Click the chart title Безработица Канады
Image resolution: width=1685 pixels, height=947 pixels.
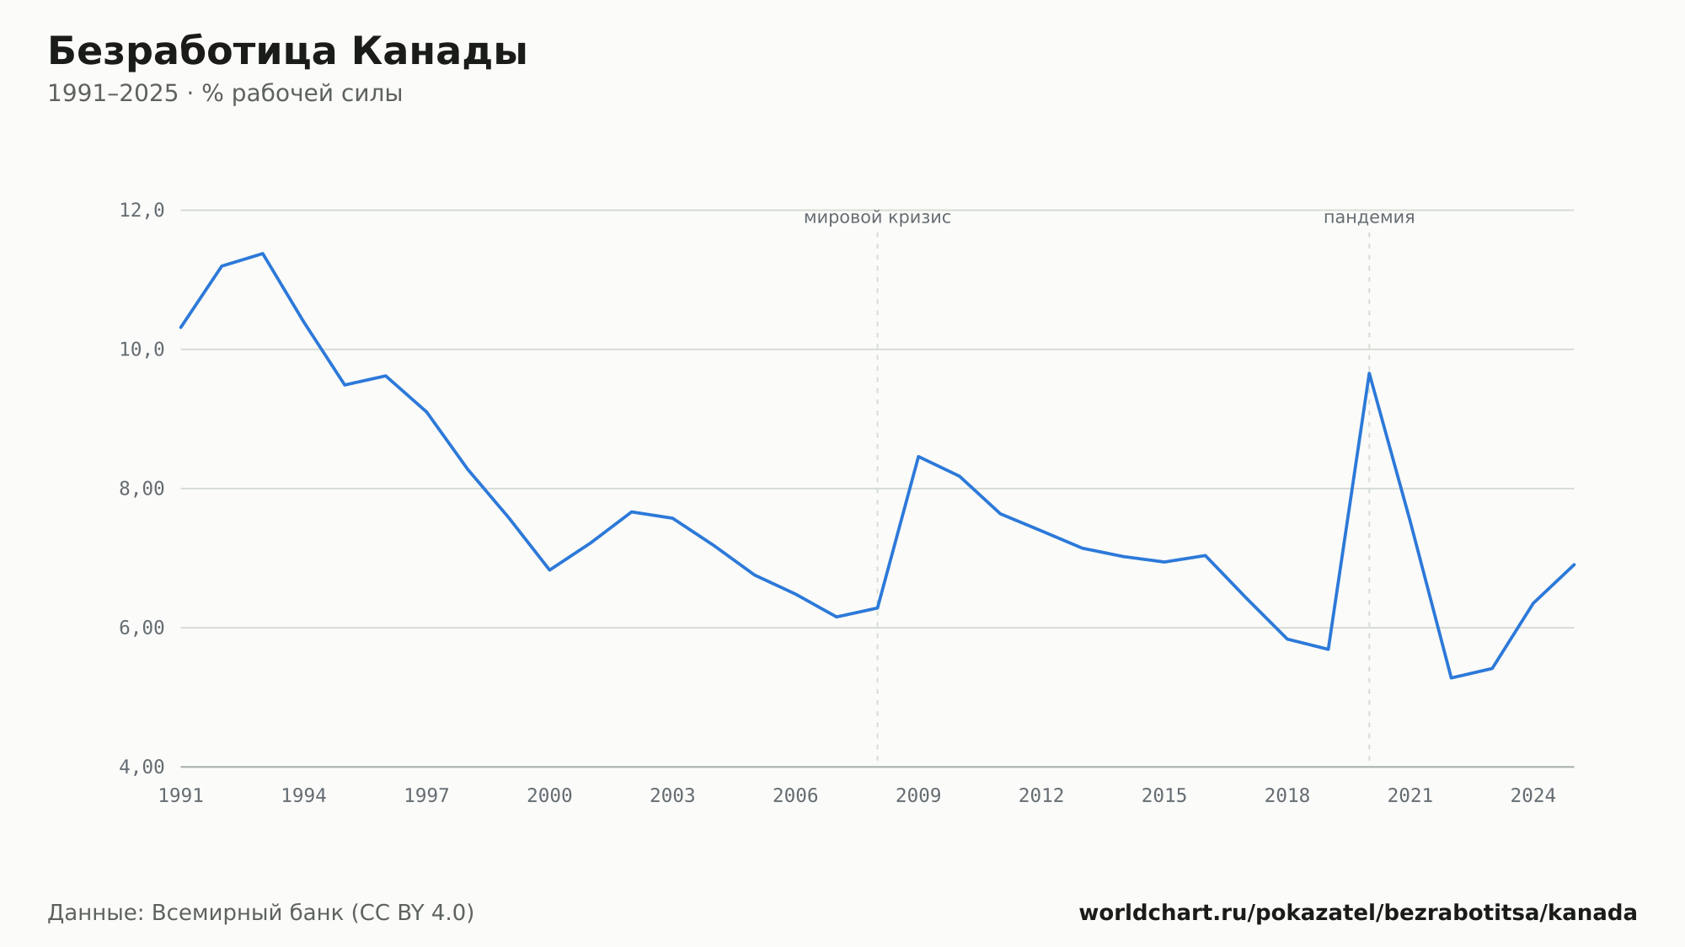tap(287, 52)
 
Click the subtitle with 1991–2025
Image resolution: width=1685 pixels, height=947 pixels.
tap(225, 94)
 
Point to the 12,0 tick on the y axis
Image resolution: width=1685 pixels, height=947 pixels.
tap(142, 211)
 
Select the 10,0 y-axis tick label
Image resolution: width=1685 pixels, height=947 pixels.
tap(142, 350)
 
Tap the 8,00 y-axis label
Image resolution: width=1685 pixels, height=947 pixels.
tap(142, 489)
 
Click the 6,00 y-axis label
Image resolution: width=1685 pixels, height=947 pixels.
tap(142, 628)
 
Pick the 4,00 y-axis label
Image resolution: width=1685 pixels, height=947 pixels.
tap(142, 767)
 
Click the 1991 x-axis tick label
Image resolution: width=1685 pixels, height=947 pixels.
tap(181, 796)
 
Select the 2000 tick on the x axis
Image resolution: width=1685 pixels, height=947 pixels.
tap(549, 796)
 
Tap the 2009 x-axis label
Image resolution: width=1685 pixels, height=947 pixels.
tap(918, 796)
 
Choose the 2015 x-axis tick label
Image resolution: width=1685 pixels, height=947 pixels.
tap(1164, 796)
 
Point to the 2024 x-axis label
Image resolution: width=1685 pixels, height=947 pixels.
tap(1533, 796)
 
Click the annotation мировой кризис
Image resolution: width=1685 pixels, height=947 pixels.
tap(877, 217)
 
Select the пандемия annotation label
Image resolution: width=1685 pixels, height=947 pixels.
tap(1369, 217)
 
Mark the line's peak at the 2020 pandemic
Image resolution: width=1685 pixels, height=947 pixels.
tap(1369, 372)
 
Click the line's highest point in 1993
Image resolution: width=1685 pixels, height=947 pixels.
tap(263, 253)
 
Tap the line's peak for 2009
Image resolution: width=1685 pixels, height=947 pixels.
tap(918, 457)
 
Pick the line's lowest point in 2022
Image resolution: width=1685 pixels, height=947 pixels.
tap(1451, 677)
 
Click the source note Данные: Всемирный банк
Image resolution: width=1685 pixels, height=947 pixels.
tap(261, 913)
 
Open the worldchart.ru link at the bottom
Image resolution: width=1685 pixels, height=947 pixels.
tap(1358, 913)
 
